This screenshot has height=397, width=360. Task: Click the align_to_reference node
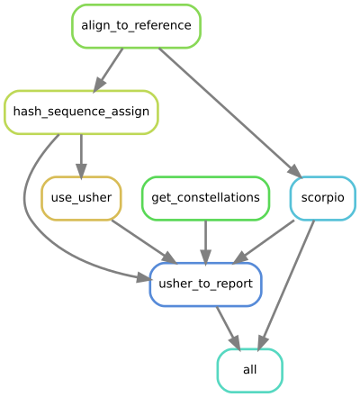[136, 25]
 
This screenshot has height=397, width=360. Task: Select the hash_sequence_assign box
[81, 112]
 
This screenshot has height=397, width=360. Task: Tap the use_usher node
[81, 198]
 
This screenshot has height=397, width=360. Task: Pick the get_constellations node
[206, 198]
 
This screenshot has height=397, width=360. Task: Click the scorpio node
[322, 198]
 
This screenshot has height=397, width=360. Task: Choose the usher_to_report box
[206, 284]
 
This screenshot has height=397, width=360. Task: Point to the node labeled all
[249, 371]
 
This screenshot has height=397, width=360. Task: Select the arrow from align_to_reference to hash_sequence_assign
[109, 68]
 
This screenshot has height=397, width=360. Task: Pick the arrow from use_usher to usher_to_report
[139, 239]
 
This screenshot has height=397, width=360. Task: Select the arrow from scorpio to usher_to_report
[266, 240]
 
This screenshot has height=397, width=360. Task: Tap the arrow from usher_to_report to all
[227, 326]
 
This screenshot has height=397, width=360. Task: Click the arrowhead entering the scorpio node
[293, 171]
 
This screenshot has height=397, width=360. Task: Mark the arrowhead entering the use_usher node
[81, 169]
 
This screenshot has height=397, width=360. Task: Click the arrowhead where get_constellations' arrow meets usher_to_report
[206, 256]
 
